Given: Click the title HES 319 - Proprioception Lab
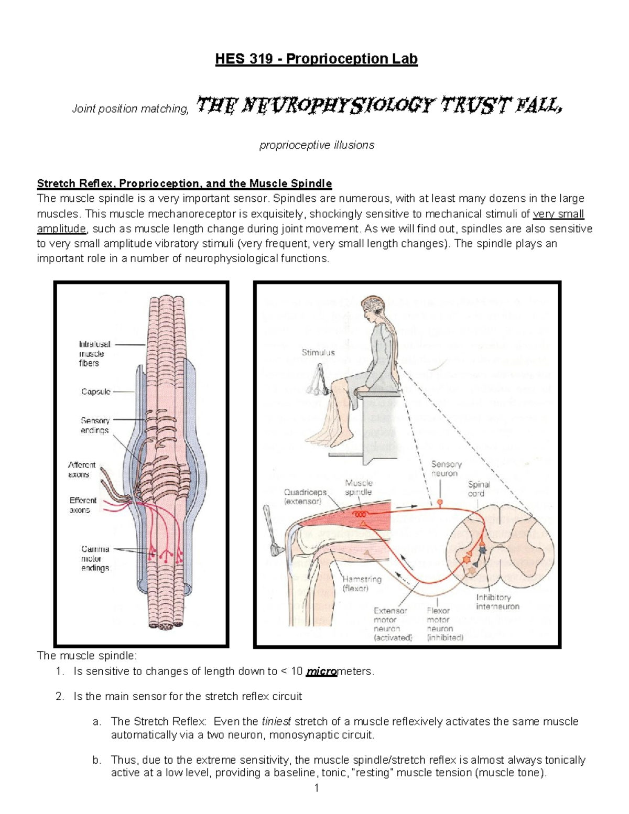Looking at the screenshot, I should (316, 59).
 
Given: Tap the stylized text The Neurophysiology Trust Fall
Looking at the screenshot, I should (379, 106).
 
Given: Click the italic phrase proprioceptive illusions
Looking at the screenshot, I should (317, 145).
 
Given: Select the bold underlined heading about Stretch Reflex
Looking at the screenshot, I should (184, 183).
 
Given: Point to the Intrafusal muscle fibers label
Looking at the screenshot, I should (94, 354).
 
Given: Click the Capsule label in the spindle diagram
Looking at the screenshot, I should (95, 392).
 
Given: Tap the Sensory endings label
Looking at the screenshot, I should (95, 425).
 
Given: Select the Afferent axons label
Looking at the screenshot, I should (82, 470).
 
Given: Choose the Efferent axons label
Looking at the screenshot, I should (83, 505).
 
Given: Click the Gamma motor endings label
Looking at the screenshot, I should (95, 558).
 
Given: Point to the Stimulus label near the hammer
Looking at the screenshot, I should (318, 353).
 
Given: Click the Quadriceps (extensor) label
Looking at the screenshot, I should (305, 496).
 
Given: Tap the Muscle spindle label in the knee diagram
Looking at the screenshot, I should (359, 487).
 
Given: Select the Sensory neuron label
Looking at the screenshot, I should (446, 469).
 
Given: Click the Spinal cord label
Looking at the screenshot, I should (479, 489).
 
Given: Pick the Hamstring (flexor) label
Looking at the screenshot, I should (362, 583).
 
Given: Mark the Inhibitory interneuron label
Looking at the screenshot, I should (497, 602).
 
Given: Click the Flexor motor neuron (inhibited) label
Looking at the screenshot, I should (445, 624).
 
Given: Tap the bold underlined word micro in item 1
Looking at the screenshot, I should (321, 671).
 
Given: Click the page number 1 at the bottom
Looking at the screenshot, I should (316, 788).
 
